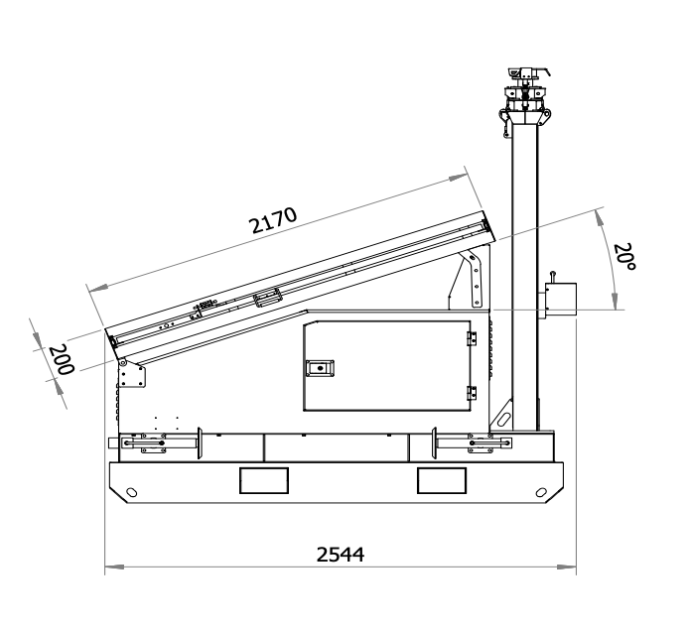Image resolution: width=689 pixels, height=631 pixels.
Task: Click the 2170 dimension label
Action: tap(273, 219)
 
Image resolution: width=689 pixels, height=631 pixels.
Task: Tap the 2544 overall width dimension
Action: tap(341, 555)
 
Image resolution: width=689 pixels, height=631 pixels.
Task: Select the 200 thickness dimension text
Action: tap(62, 359)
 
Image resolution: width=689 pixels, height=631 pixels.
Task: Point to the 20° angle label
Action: tap(623, 256)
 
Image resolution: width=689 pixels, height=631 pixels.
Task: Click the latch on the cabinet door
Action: tap(320, 368)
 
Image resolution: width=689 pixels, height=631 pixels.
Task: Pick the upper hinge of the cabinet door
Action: tap(472, 339)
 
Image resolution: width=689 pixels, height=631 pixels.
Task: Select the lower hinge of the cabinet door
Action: tap(472, 393)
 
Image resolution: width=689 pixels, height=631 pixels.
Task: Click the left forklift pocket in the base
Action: tap(264, 480)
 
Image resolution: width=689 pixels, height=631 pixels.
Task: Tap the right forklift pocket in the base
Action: tap(442, 480)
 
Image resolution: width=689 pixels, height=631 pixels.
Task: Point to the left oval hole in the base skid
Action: tap(131, 492)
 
